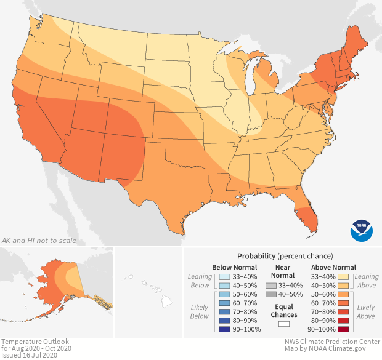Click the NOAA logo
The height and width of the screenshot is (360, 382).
362,230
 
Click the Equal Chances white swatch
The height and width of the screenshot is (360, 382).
284,324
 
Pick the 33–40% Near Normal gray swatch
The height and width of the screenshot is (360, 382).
271,286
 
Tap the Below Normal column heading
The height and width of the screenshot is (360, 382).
235,267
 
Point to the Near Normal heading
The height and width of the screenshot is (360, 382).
284,271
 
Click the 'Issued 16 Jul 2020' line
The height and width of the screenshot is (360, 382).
28,355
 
